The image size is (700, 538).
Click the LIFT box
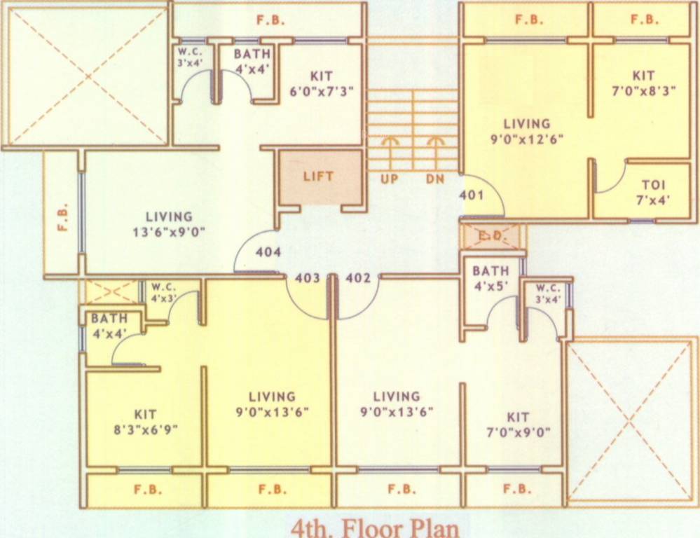(318, 177)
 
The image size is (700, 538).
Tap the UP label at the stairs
(390, 179)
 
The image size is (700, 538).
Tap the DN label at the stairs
(435, 179)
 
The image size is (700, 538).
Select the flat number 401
(472, 195)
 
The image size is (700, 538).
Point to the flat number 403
(308, 278)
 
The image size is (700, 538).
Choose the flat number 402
(358, 278)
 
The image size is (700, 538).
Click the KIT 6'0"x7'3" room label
(322, 83)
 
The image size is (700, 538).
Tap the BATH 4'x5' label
(490, 277)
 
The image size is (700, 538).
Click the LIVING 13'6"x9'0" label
(169, 223)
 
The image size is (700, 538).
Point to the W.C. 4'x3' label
(162, 290)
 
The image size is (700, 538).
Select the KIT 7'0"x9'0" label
(519, 424)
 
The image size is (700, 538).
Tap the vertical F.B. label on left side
(62, 217)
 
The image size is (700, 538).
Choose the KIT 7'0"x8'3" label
(643, 83)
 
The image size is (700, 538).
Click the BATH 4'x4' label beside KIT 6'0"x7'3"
(252, 61)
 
